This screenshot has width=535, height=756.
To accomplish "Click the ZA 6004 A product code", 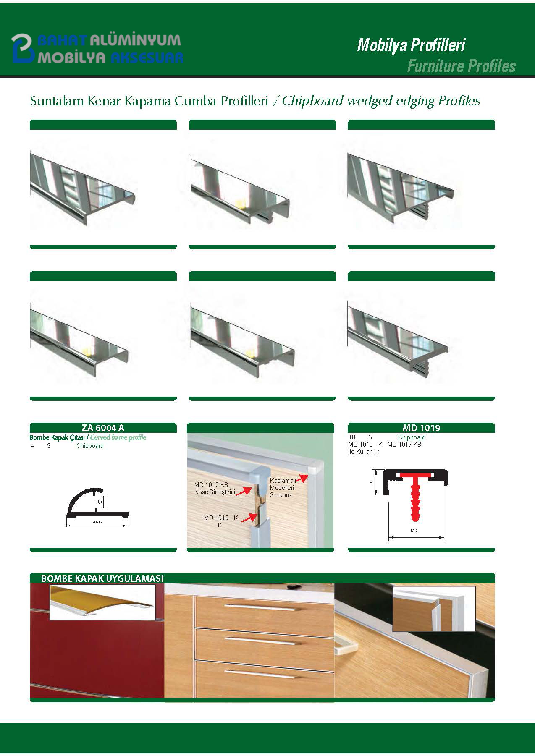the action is [x=103, y=428].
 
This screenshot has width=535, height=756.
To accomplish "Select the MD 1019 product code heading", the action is [x=421, y=428].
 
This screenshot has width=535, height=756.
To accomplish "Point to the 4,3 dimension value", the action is [x=100, y=501].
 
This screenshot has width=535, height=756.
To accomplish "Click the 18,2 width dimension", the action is [x=414, y=531].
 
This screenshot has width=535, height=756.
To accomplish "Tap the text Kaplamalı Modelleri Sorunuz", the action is [x=282, y=487].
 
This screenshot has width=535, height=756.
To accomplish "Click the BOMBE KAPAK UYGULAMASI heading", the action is [x=102, y=578].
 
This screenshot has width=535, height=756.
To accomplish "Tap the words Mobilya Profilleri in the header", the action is [x=411, y=45].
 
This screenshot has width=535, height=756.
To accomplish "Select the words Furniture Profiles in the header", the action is [x=461, y=66].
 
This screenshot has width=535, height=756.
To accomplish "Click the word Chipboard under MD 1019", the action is [x=412, y=437].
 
